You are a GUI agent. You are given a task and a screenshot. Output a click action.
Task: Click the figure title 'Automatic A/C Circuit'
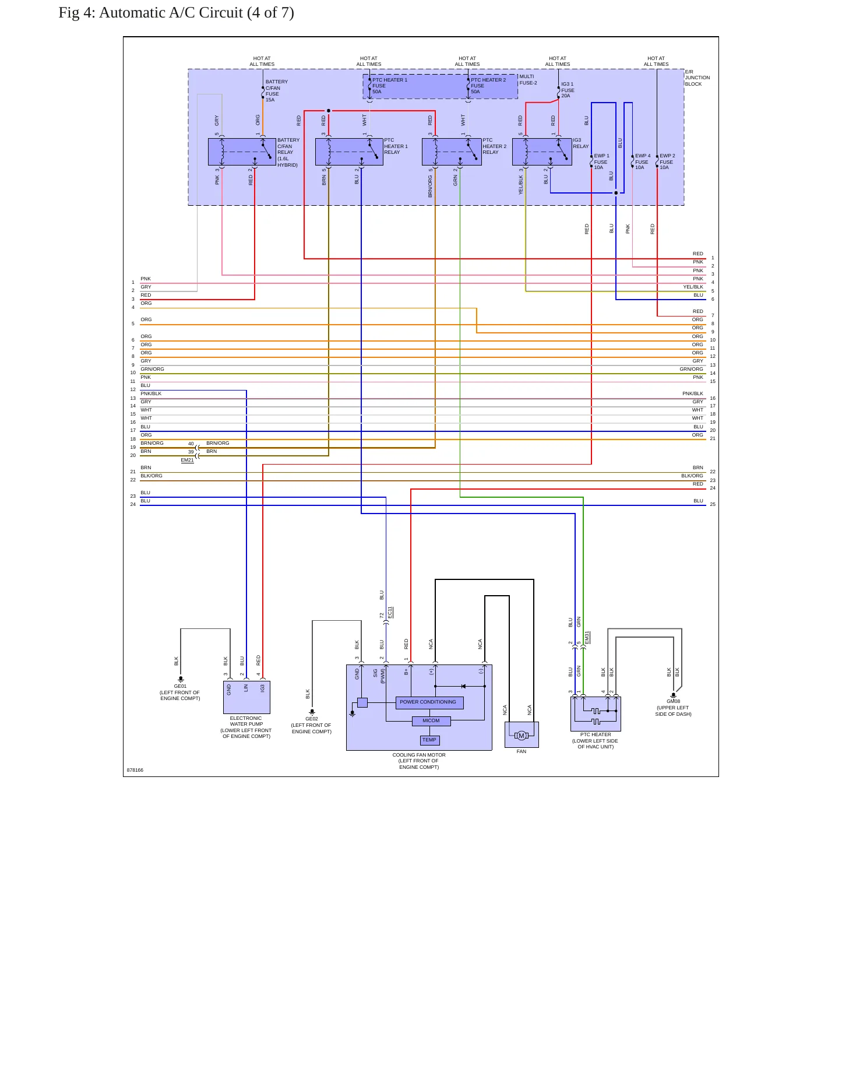tap(171, 13)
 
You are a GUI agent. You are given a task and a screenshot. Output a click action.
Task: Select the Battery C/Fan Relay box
tap(242, 152)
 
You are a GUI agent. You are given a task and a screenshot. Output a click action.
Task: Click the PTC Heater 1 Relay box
tap(349, 152)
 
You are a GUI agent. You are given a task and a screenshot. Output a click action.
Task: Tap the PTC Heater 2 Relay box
tap(452, 152)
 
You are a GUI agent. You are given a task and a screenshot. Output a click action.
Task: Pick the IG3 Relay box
tap(542, 152)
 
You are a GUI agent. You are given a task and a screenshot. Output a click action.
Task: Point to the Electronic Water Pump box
tap(246, 697)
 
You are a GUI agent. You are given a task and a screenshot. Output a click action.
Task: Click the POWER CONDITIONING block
tap(429, 702)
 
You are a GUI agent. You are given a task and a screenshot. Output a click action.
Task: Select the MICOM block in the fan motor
tap(431, 721)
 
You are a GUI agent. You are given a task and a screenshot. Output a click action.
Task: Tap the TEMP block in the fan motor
tap(429, 740)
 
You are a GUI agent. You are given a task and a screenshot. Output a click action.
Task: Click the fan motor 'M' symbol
tap(522, 736)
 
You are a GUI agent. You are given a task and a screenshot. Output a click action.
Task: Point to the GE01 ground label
tap(180, 686)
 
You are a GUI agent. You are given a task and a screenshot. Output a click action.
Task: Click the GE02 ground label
tap(312, 719)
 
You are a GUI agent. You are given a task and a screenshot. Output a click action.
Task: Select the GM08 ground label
tap(674, 701)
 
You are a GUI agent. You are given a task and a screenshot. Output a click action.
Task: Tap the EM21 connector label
tap(187, 460)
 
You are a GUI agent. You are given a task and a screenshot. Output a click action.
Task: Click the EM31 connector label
tap(587, 638)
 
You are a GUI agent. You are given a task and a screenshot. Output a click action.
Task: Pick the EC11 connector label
tap(390, 613)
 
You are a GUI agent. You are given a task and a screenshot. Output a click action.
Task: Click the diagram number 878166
tap(135, 770)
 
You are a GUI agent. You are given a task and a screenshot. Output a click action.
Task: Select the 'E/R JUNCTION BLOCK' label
tap(697, 78)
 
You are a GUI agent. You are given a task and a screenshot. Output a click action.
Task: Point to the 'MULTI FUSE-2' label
tap(529, 80)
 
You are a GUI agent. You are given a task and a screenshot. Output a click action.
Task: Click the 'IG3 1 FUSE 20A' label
tap(568, 90)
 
